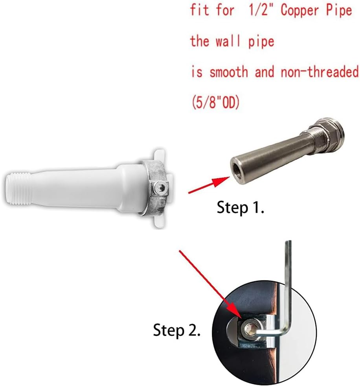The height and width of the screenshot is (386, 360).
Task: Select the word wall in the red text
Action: pos(229,41)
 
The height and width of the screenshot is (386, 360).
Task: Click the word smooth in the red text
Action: pos(229,72)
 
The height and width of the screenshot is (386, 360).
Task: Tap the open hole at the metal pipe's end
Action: pos(237,161)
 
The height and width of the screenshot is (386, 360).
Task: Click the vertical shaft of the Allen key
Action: pos(289,283)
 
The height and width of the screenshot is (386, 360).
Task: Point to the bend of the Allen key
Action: pos(287,332)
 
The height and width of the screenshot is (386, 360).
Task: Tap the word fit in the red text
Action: pos(200,10)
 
